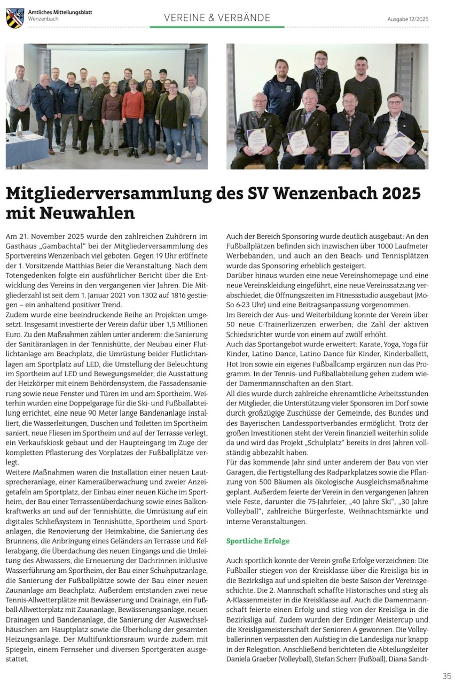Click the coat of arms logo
tap(15, 18)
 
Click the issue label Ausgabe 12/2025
tap(407, 19)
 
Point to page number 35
tap(447, 676)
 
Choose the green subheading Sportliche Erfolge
tap(258, 541)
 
